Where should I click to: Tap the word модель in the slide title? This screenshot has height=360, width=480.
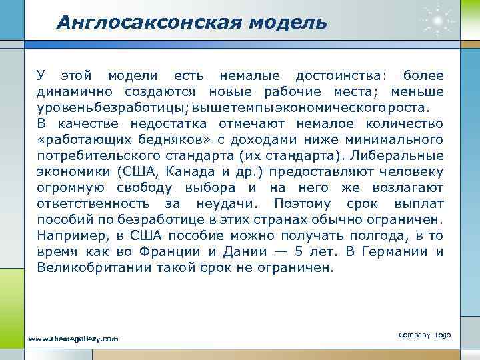[x=288, y=23]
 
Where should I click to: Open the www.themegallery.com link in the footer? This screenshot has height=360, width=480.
[x=74, y=339]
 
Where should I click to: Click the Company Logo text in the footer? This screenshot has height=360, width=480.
[x=425, y=334]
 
